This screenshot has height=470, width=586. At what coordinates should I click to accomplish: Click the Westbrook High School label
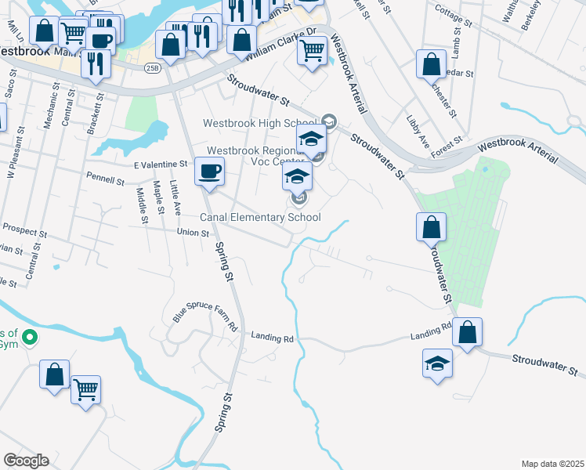(x=259, y=123)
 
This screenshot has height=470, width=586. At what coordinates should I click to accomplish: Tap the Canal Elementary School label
(x=261, y=217)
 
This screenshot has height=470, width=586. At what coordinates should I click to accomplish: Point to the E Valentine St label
(x=161, y=164)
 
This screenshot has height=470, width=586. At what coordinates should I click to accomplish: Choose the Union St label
(x=193, y=233)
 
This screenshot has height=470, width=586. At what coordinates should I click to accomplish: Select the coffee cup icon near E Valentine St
(x=209, y=172)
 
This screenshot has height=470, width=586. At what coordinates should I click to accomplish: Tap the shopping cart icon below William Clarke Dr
(x=312, y=52)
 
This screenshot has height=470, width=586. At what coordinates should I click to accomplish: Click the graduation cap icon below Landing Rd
(x=438, y=363)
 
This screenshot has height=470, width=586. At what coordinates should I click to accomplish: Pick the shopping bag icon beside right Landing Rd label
(x=467, y=332)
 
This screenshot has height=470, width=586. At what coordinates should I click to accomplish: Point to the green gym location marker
(x=30, y=338)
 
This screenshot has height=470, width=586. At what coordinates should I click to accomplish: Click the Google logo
(x=27, y=460)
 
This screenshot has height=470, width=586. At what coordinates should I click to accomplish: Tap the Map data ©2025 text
(x=552, y=464)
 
